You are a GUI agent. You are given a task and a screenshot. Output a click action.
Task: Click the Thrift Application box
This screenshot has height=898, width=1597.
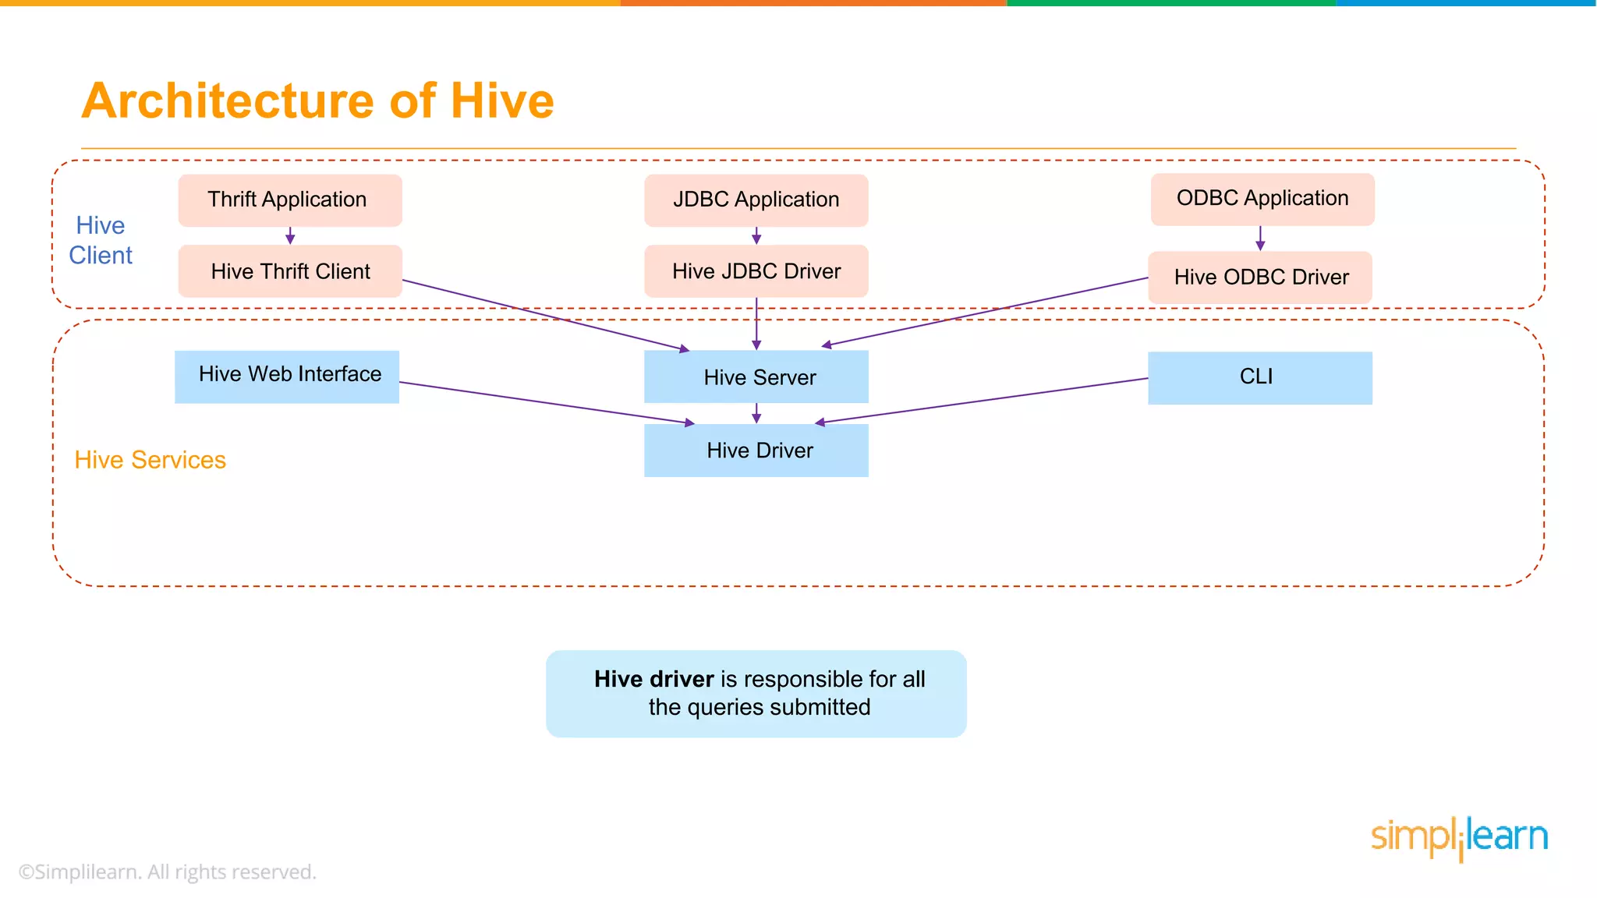[289, 200]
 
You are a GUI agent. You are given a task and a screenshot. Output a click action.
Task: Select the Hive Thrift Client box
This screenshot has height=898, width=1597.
[289, 271]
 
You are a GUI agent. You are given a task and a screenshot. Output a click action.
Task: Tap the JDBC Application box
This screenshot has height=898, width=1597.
[756, 200]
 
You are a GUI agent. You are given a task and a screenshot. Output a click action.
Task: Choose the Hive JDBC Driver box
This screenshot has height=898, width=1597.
[756, 271]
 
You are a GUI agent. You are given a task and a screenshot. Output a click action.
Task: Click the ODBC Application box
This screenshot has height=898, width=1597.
[1262, 199]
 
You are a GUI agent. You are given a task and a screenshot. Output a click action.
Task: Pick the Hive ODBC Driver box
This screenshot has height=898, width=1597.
[1259, 278]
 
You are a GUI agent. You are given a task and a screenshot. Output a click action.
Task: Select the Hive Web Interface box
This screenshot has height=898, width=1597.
[286, 377]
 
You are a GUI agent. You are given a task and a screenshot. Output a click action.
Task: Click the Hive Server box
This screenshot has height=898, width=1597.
[756, 377]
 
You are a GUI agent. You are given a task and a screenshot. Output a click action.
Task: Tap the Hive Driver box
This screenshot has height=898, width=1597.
[756, 451]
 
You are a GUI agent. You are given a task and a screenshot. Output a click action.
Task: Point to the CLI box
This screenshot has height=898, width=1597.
[1259, 378]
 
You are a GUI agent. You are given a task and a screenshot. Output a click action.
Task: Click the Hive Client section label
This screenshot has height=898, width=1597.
[101, 240]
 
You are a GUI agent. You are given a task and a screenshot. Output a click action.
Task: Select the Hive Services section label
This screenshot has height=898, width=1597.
[150, 460]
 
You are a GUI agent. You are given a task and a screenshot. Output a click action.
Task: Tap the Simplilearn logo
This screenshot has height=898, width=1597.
[1458, 838]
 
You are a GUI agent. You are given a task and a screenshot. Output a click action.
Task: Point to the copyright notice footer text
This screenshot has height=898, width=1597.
[167, 871]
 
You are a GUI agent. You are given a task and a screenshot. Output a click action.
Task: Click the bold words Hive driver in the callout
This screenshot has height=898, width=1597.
[653, 679]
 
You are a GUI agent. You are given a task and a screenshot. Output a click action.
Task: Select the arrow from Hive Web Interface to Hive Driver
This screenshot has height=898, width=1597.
[546, 402]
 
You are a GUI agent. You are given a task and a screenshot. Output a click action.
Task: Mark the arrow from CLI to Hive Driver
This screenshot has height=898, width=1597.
[983, 401]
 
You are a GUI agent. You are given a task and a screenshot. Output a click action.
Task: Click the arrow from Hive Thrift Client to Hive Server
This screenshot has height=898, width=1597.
[546, 315]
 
